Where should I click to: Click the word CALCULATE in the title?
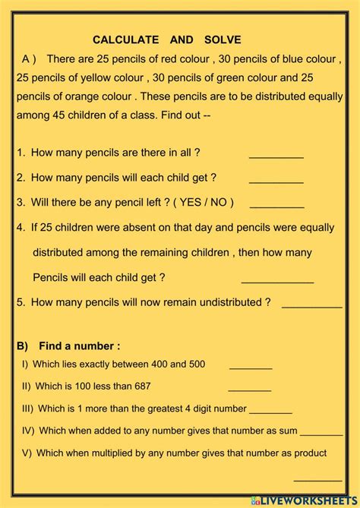click(x=126, y=39)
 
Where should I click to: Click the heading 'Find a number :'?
click(x=80, y=346)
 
